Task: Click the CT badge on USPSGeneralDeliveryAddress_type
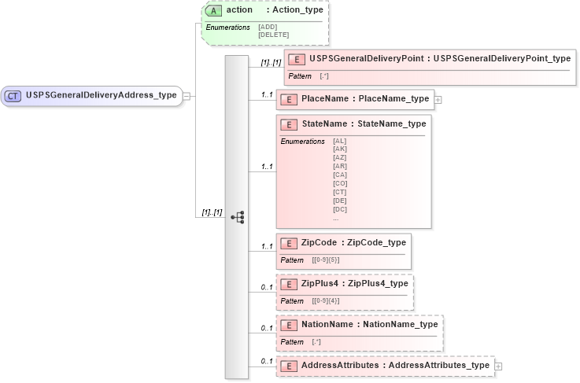tap(13, 95)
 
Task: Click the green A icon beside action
tap(212, 10)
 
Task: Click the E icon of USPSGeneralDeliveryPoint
tap(297, 59)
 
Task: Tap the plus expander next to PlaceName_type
tap(438, 99)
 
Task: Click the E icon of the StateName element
tap(288, 124)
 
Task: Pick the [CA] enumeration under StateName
tap(340, 175)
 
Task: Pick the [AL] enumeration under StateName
tap(340, 141)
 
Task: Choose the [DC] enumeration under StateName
tap(340, 208)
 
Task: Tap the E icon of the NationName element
tap(288, 325)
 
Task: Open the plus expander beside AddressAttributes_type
tap(498, 366)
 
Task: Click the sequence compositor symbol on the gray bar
tap(238, 217)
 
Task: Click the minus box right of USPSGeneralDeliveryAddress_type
tap(187, 95)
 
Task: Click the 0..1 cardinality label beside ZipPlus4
tap(267, 287)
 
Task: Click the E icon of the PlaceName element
tap(288, 99)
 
